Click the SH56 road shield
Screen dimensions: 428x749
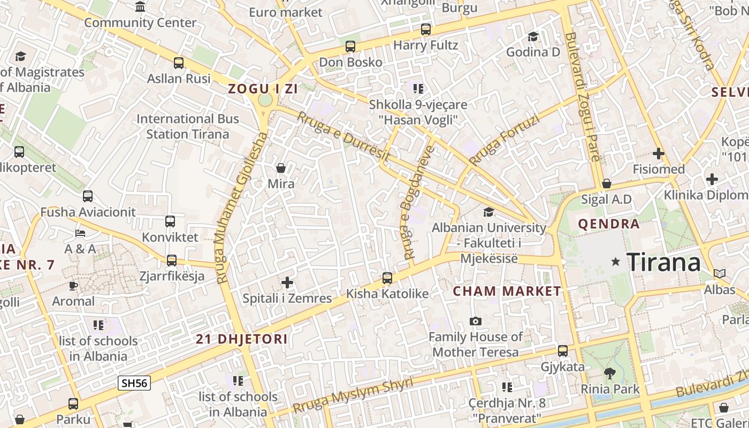pyautogui.click(x=134, y=383)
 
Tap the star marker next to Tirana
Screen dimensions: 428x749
pyautogui.click(x=616, y=262)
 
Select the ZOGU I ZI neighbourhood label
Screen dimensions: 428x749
pyautogui.click(x=263, y=89)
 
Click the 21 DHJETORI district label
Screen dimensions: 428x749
pyautogui.click(x=242, y=339)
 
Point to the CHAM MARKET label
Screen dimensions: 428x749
pyautogui.click(x=507, y=292)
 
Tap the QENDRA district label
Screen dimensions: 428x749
pyautogui.click(x=609, y=224)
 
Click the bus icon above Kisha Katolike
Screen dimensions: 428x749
pyautogui.click(x=387, y=278)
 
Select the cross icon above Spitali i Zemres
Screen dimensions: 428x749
pyautogui.click(x=287, y=282)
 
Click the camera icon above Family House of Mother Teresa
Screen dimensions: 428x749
pyautogui.click(x=475, y=321)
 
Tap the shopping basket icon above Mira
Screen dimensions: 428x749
pyautogui.click(x=281, y=169)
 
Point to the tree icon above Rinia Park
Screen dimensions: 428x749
pyautogui.click(x=610, y=373)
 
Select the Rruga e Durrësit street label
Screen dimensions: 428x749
pyautogui.click(x=343, y=137)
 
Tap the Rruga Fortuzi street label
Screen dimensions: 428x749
pyautogui.click(x=503, y=140)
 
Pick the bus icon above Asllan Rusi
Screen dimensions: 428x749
pyautogui.click(x=179, y=63)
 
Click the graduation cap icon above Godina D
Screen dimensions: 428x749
pyautogui.click(x=533, y=36)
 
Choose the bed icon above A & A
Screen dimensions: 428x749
pyautogui.click(x=80, y=233)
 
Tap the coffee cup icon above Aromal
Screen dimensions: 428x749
pyautogui.click(x=73, y=286)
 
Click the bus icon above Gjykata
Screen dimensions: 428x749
pyautogui.click(x=562, y=351)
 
